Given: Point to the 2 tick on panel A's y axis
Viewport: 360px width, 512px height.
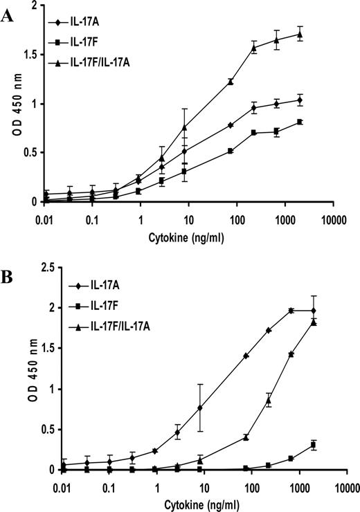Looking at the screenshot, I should [x=33, y=6].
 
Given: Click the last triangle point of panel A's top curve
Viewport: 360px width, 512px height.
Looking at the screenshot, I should [x=300, y=34].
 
